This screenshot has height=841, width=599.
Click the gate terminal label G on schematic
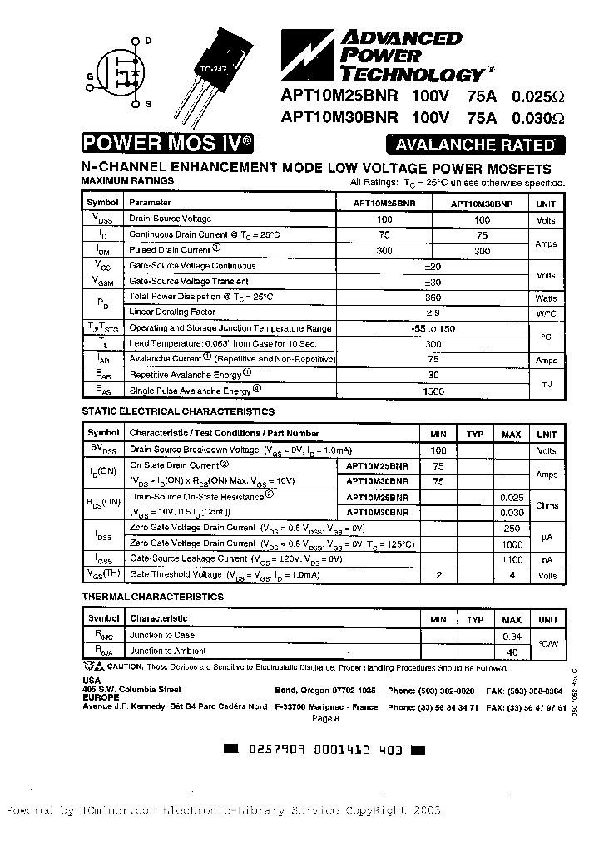(x=90, y=75)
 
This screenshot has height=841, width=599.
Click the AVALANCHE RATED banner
(x=474, y=145)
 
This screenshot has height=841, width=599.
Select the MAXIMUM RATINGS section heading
(x=127, y=180)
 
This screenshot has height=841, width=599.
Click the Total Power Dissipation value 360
(x=432, y=297)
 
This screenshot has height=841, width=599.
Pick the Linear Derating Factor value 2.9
(x=432, y=312)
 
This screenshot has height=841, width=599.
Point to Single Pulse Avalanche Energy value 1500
(x=432, y=390)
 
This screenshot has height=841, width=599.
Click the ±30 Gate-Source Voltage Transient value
(x=432, y=282)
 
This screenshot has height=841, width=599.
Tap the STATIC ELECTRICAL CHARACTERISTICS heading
(x=177, y=411)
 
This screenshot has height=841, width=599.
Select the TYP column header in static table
(x=474, y=434)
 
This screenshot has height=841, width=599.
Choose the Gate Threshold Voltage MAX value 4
(x=512, y=574)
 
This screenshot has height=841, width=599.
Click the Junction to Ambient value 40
(x=512, y=652)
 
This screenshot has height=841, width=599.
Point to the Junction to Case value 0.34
(x=512, y=636)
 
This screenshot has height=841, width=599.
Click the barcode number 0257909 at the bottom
(x=277, y=749)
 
